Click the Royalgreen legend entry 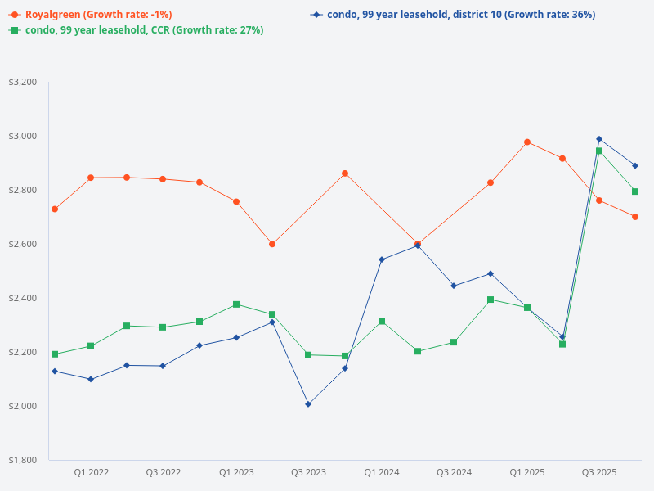(90, 15)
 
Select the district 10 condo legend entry (454, 15)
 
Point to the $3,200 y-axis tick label (23, 83)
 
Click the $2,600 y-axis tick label (23, 245)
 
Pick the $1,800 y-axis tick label (23, 460)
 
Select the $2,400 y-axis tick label (23, 298)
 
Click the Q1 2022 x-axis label (92, 472)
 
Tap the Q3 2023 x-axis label (308, 472)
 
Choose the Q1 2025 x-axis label (527, 472)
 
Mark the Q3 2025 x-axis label (599, 472)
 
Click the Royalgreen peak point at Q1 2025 (527, 142)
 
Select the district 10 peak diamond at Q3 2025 (599, 139)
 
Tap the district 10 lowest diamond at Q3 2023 (308, 404)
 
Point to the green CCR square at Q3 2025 (599, 151)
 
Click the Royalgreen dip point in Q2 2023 (272, 244)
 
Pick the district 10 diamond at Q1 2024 (382, 259)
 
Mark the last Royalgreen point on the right (635, 217)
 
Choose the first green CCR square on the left (55, 354)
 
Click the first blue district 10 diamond (55, 372)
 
